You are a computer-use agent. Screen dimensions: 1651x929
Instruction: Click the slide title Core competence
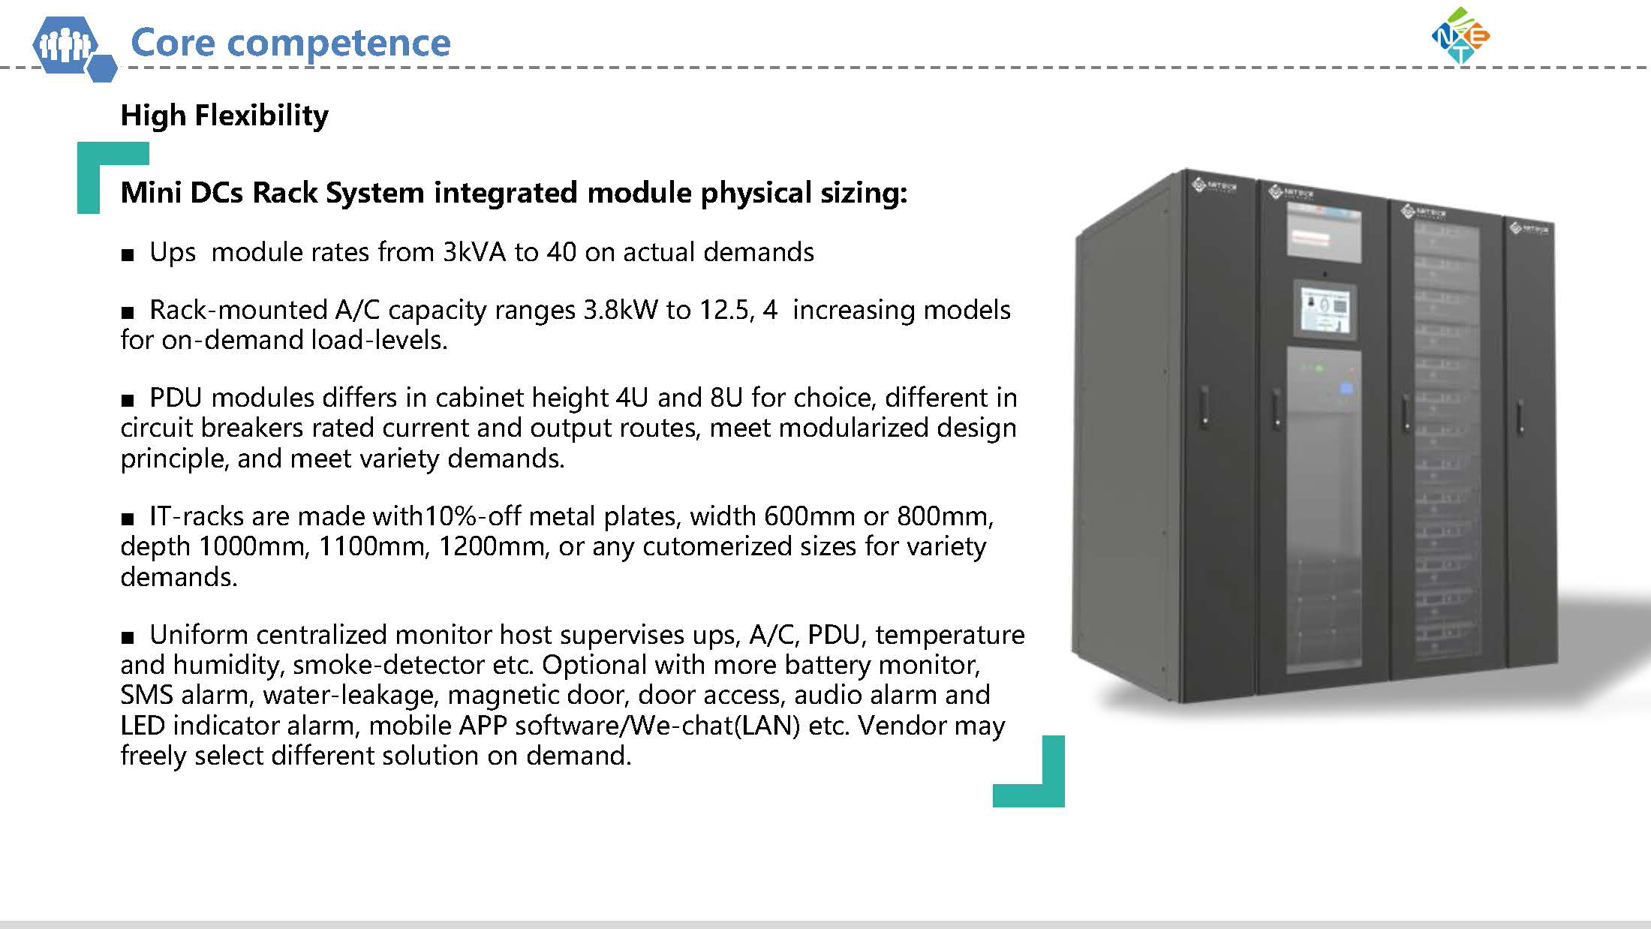(290, 42)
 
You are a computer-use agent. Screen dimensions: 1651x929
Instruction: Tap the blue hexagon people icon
(74, 47)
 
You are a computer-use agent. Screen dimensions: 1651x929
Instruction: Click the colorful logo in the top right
(1460, 35)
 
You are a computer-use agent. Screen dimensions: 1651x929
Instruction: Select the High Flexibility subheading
(224, 116)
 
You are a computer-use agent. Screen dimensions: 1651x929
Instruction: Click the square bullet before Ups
(128, 255)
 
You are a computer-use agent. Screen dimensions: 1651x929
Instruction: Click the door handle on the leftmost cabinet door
(1204, 407)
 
